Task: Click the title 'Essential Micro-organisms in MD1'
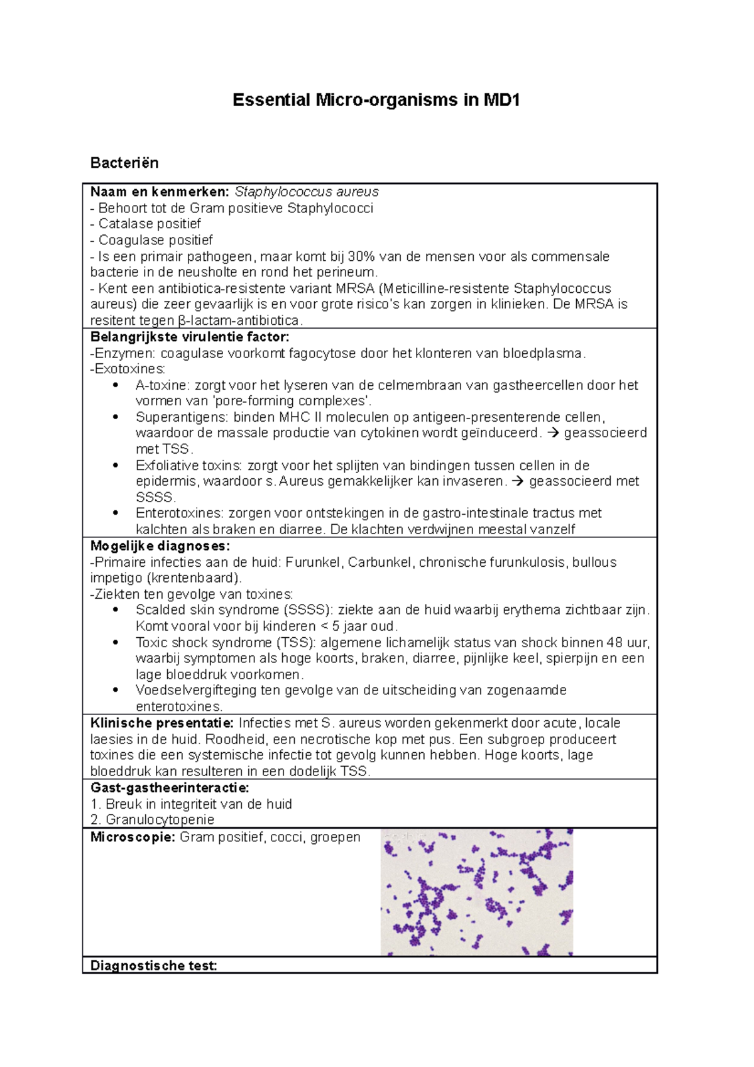(x=376, y=100)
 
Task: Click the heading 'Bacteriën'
(x=124, y=163)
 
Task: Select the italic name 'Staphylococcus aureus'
(x=307, y=192)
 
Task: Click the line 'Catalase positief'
(x=150, y=224)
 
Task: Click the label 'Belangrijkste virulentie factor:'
(x=190, y=337)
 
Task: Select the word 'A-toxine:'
(x=162, y=385)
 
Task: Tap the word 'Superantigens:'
(x=182, y=417)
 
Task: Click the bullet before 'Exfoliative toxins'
(x=115, y=466)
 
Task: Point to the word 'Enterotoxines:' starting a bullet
(x=180, y=513)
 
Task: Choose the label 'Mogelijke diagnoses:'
(x=160, y=545)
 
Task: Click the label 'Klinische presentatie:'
(x=162, y=723)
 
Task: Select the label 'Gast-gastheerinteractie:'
(x=170, y=788)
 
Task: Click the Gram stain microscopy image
(x=477, y=892)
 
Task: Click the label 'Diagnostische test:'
(x=154, y=966)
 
